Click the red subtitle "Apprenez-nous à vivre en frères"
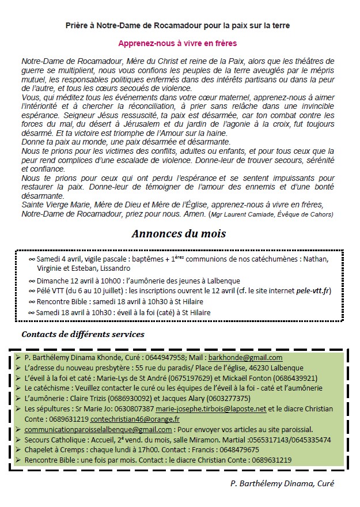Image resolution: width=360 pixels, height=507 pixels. click(x=177, y=43)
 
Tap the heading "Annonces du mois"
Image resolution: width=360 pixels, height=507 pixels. click(x=179, y=234)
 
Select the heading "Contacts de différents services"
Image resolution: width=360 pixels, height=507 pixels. click(x=83, y=334)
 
